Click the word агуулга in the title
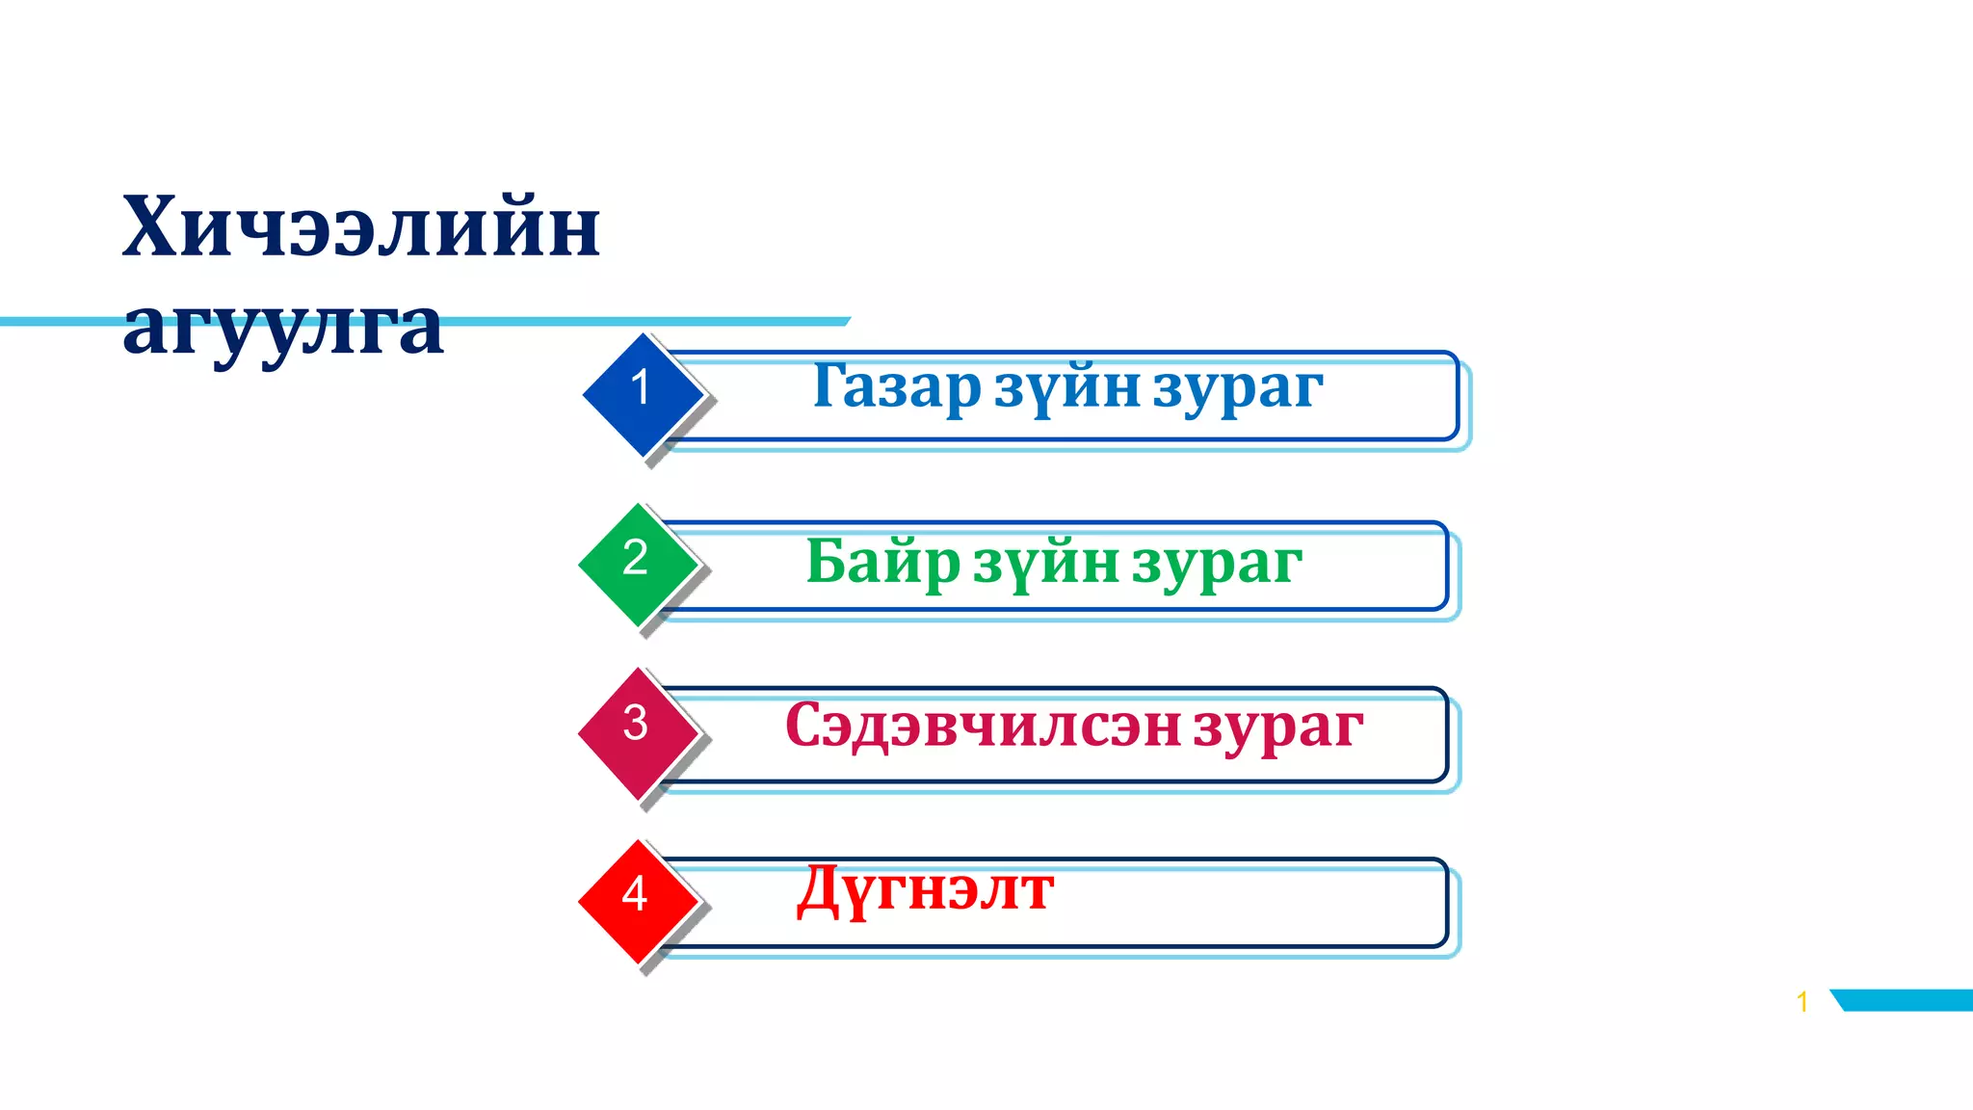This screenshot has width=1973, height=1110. [283, 328]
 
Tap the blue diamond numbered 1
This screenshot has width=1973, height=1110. [642, 393]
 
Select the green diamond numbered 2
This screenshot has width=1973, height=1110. [636, 563]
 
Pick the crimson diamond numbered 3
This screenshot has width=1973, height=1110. [636, 730]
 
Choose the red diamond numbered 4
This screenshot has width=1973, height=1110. [636, 900]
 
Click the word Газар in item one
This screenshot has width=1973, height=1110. [896, 387]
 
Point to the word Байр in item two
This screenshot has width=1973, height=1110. [882, 563]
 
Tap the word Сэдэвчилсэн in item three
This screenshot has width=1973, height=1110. [983, 727]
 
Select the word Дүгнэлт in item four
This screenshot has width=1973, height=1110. [925, 890]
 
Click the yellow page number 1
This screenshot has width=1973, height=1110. [1802, 1002]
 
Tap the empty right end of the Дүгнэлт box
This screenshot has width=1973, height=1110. [1301, 902]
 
